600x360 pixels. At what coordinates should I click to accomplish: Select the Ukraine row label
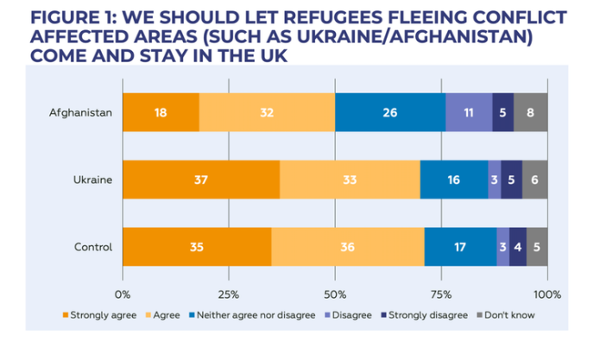click(x=94, y=180)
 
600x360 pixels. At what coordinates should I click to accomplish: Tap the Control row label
click(x=93, y=248)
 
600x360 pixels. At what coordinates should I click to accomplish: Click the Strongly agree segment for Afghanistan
click(x=161, y=111)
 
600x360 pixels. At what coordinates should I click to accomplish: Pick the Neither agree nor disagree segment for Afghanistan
click(x=390, y=111)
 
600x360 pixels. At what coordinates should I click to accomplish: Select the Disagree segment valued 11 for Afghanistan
click(x=469, y=111)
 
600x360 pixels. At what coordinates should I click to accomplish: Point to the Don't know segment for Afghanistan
click(x=531, y=111)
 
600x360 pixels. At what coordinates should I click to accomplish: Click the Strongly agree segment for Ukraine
click(x=201, y=180)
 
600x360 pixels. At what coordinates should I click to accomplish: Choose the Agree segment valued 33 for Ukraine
click(x=350, y=180)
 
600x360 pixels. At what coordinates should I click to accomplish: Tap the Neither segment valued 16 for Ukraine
click(x=454, y=180)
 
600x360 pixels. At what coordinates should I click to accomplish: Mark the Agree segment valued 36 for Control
click(x=348, y=248)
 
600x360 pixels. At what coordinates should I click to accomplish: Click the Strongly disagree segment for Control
click(x=518, y=248)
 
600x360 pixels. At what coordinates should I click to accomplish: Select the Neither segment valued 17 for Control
click(x=460, y=248)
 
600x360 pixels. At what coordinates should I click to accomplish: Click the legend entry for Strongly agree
click(x=99, y=315)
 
